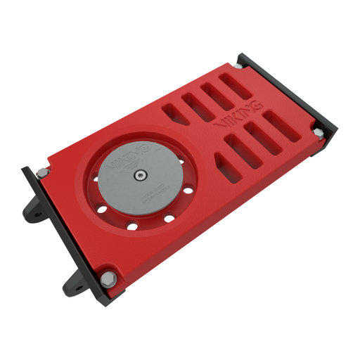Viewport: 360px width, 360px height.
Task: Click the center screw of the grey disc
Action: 140,174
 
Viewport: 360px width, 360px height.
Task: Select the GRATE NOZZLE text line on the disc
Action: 150,195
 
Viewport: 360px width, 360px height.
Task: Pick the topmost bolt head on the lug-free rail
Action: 240,65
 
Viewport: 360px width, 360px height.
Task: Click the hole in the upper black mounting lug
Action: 33,212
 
